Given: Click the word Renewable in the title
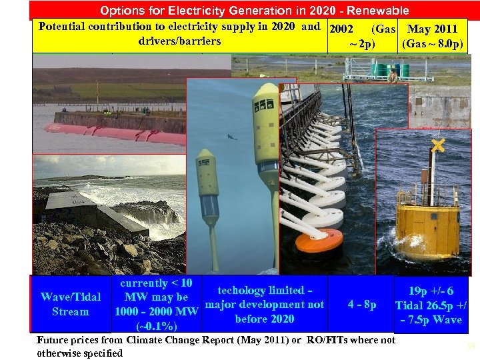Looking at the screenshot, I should click(377, 11).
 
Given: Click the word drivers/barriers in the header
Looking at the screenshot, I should click(179, 41).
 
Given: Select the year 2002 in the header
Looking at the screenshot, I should click(341, 30).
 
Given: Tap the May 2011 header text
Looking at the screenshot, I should click(432, 30).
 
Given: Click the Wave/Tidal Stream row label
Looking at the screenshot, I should click(71, 304).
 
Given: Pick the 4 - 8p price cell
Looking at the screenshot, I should click(362, 305).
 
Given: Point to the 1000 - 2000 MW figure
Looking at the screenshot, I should click(157, 312).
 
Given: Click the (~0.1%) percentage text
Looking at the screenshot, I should click(157, 327).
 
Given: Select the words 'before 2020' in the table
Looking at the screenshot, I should click(265, 319).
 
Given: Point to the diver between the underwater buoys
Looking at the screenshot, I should click(231, 137).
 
